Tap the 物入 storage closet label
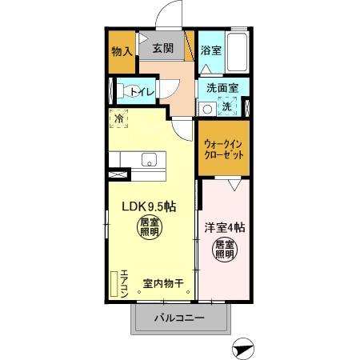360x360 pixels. click(x=122, y=52)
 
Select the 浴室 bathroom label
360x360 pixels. click(x=210, y=50)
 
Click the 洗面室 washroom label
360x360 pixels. click(x=221, y=88)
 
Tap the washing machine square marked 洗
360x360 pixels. click(x=226, y=106)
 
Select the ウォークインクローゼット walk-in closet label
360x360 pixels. click(x=224, y=146)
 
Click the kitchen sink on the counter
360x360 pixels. click(x=150, y=160)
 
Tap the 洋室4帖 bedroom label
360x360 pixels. click(x=225, y=226)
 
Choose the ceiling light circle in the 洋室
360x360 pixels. click(x=224, y=250)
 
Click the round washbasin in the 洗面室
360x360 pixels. click(x=206, y=109)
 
